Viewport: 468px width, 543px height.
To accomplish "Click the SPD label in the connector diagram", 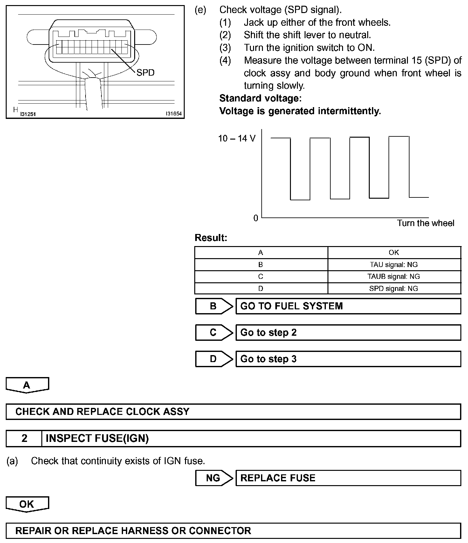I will (x=145, y=73).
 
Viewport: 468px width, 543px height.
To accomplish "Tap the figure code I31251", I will (x=28, y=114).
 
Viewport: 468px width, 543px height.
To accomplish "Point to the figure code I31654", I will (x=173, y=113).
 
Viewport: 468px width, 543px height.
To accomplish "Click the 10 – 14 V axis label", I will (x=237, y=138).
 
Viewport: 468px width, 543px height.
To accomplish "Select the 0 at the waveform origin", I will (x=256, y=218).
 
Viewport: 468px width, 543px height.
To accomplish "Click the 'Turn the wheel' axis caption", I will (x=425, y=223).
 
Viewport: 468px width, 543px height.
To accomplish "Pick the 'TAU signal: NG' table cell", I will (x=394, y=265).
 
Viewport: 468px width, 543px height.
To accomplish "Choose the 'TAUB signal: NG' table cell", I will (x=394, y=277).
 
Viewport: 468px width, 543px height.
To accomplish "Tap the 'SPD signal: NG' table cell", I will (x=394, y=289).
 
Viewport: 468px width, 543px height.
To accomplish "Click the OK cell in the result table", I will (x=394, y=252).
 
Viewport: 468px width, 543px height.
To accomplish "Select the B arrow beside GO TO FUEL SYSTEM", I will (x=214, y=306).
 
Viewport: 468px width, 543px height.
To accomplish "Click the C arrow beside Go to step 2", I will (x=214, y=333).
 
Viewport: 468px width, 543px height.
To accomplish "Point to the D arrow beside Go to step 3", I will (x=214, y=359).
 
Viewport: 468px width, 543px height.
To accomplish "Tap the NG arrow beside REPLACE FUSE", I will (x=214, y=478).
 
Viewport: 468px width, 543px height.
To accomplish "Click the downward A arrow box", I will (x=27, y=385).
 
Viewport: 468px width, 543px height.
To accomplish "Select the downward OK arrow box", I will (x=27, y=504).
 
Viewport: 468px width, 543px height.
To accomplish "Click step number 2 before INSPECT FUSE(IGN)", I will (x=24, y=438).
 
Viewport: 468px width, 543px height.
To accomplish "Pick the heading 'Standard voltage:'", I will (x=260, y=98).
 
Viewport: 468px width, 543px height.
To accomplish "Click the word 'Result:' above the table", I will (x=211, y=238).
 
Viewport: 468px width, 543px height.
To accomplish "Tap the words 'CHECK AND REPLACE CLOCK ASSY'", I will (x=102, y=412).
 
